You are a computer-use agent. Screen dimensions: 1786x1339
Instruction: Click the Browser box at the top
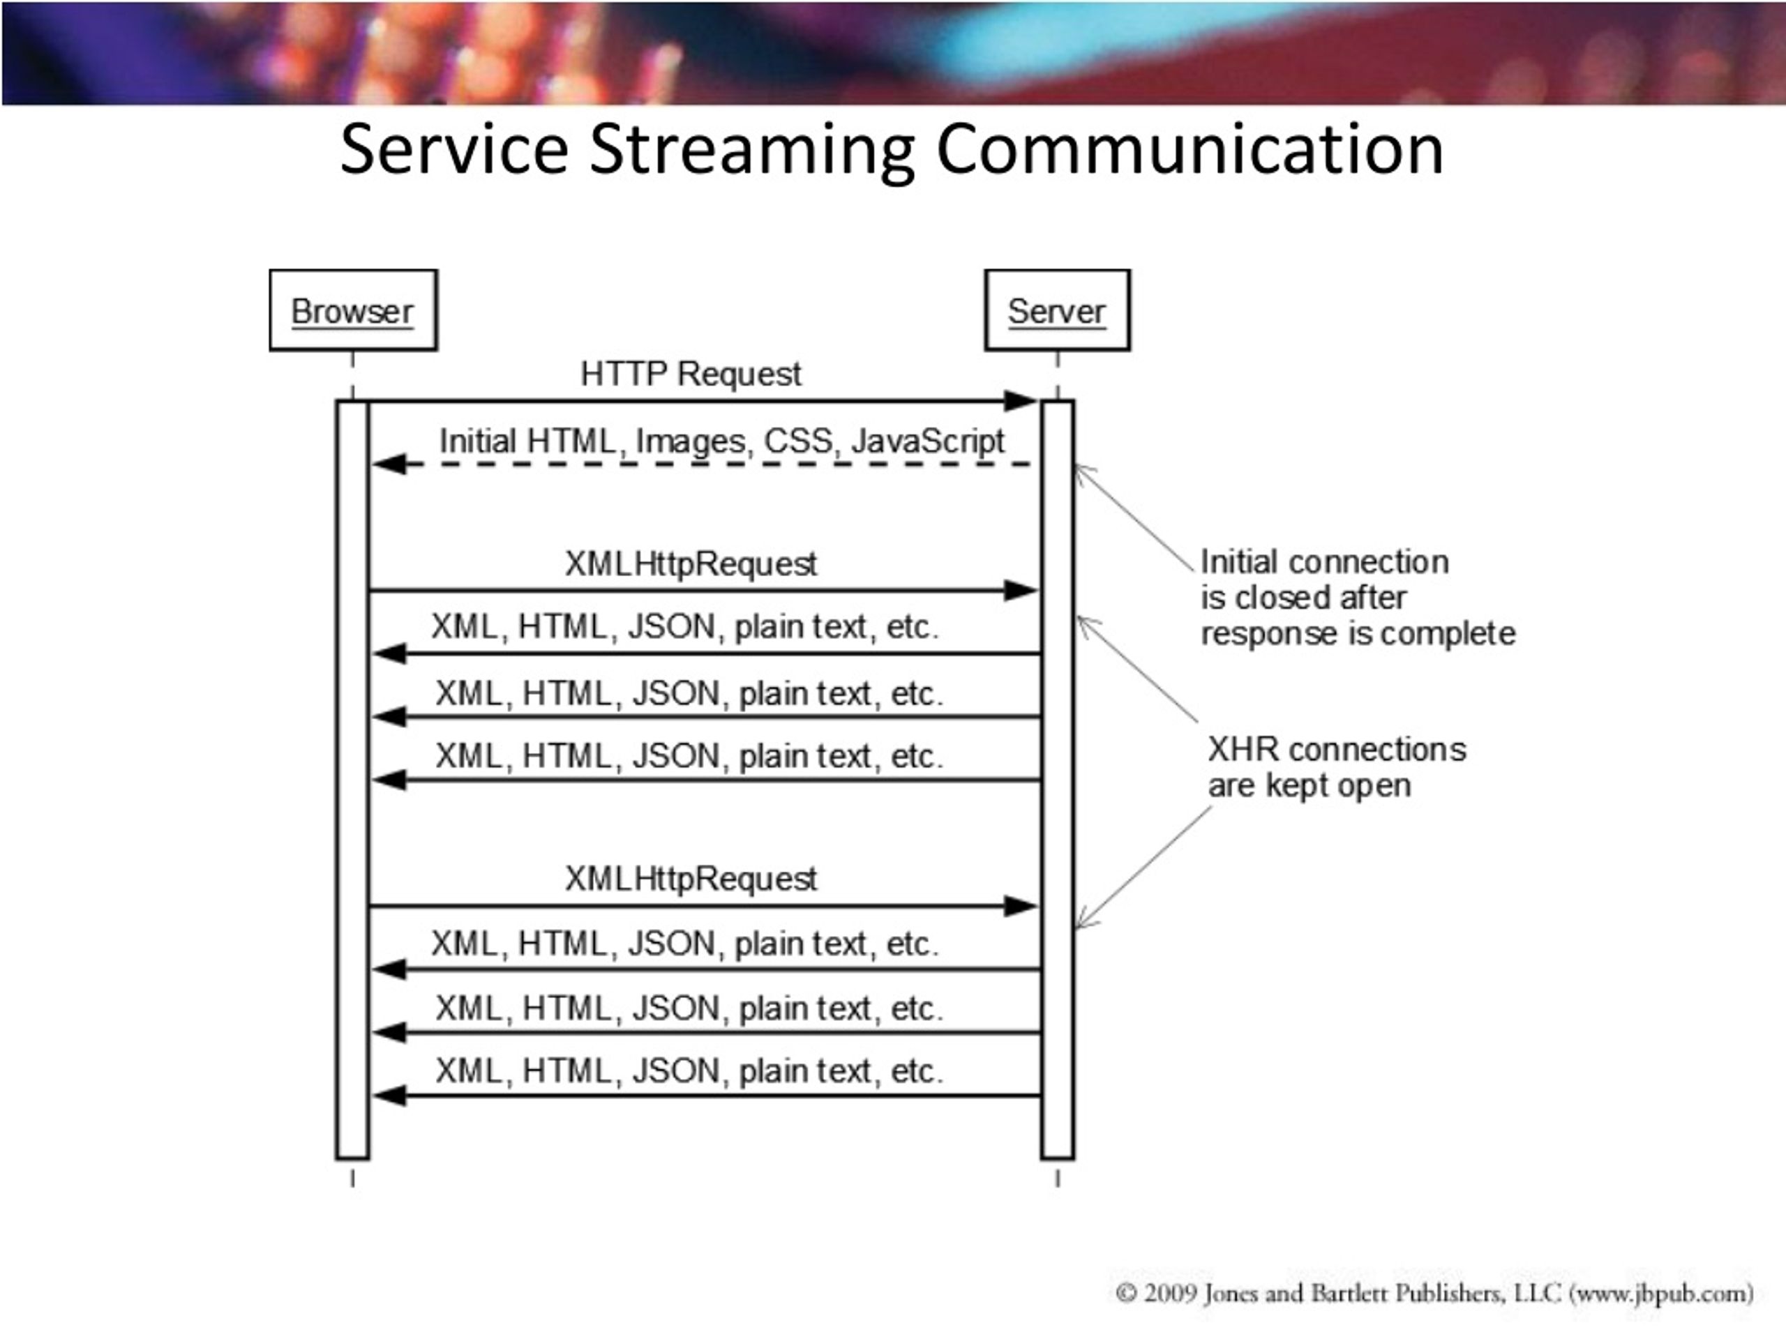354,310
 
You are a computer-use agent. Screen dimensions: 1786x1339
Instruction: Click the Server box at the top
1057,310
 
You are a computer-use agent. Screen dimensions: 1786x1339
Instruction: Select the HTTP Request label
691,374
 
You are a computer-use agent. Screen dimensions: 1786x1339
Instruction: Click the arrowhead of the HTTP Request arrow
1021,400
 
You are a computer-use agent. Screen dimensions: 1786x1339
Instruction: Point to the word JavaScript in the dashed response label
928,441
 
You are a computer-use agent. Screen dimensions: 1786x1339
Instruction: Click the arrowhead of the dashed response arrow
389,464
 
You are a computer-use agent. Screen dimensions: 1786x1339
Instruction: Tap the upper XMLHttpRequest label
691,563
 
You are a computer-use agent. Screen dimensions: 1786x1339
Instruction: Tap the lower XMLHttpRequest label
691,878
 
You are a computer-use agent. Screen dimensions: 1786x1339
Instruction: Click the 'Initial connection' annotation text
1324,561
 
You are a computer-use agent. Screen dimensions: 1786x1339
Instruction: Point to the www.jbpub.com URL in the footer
1661,1294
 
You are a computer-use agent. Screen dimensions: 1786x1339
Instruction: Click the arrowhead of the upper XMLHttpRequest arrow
1021,591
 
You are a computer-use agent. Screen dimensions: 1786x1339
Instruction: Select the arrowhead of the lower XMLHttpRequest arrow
1021,907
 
